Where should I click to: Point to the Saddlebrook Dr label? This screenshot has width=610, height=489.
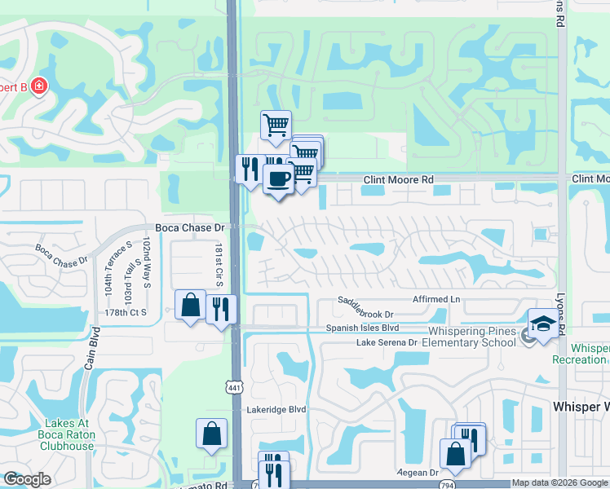click(366, 314)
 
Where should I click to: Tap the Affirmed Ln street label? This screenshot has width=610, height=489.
click(436, 300)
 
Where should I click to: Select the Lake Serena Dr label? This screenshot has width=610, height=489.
click(387, 342)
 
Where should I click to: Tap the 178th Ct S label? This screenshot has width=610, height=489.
click(126, 312)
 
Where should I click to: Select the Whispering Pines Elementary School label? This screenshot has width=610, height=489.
click(473, 337)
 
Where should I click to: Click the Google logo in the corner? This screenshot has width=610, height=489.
click(27, 479)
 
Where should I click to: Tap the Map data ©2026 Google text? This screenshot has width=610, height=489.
click(559, 483)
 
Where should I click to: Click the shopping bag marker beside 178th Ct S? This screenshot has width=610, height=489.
click(190, 306)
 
